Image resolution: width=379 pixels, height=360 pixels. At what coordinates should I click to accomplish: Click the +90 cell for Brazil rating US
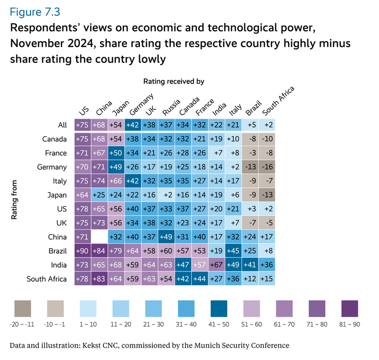pos(83,251)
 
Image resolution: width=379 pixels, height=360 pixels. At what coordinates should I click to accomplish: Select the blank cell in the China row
pos(100,237)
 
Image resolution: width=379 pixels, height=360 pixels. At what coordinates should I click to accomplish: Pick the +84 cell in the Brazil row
pos(100,251)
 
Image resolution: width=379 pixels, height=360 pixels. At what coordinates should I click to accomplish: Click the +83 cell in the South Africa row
pos(100,279)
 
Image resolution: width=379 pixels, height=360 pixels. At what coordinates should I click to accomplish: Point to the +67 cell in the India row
pos(217,265)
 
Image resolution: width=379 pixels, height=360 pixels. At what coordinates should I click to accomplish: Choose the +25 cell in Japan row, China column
pos(100,195)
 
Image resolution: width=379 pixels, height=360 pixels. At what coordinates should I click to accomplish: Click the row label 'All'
pos(62,125)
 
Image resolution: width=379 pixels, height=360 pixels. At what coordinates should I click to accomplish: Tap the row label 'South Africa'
pos(47,279)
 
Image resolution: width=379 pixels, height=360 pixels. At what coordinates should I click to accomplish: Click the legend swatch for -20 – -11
pos(22,309)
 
